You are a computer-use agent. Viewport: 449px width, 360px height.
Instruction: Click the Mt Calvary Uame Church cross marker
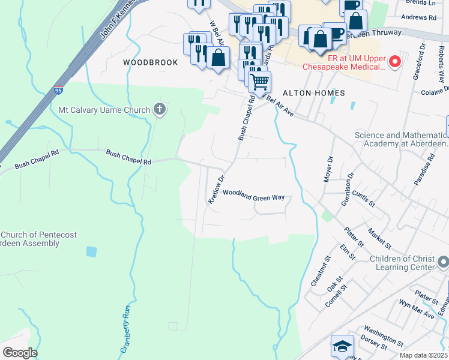point(159,109)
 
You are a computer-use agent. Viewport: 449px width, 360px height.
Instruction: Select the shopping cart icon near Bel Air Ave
point(259,82)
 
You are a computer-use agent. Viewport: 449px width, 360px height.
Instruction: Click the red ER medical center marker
point(395,61)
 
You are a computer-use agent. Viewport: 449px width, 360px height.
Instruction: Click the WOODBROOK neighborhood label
point(151,62)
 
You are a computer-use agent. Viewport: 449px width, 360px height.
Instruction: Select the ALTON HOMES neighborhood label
point(313,93)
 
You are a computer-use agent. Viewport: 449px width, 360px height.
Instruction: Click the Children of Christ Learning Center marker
point(443,262)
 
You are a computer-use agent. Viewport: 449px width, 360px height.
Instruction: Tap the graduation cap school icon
point(342,346)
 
